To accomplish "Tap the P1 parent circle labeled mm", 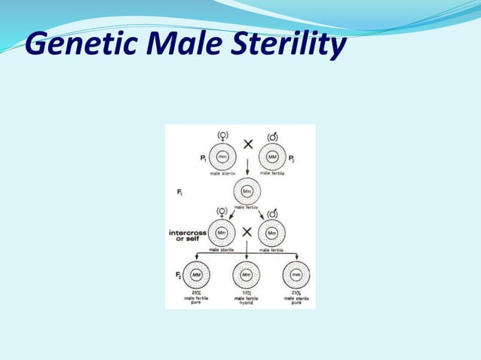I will point(222,157).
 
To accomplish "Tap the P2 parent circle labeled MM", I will point(272,157).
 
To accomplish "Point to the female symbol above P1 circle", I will point(222,136).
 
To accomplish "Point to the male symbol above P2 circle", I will point(272,136).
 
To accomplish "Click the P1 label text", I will point(202,158).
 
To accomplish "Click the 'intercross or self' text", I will point(188,236).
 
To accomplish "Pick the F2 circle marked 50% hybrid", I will point(247,275).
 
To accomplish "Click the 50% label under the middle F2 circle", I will point(247,292).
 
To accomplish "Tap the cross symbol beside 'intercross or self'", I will point(247,232).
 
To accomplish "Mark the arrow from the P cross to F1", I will point(247,168).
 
